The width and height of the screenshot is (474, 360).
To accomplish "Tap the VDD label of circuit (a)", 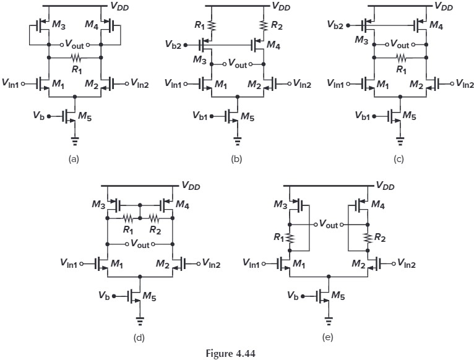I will pyautogui.click(x=120, y=6).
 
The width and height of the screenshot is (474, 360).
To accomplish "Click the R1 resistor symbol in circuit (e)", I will pyautogui.click(x=291, y=238).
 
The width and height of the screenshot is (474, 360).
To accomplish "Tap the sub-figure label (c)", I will pyautogui.click(x=399, y=159).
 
